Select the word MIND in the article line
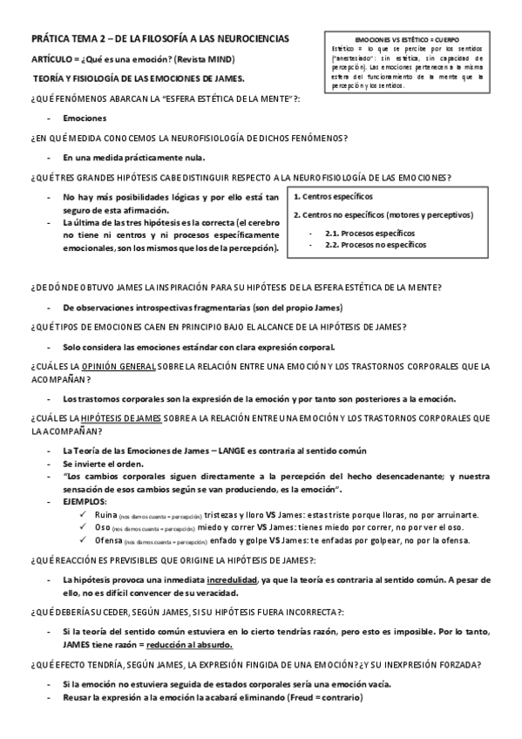point(220,58)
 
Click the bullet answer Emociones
point(85,117)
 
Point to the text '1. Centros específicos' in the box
point(334,197)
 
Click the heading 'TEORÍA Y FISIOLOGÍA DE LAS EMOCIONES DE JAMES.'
point(139,78)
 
